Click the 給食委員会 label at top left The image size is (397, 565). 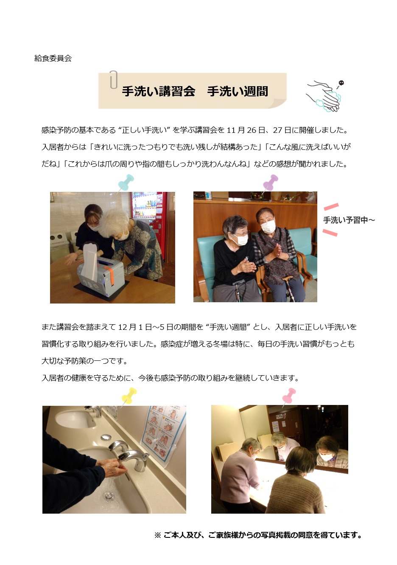pyautogui.click(x=53, y=59)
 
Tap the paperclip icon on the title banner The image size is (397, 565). pyautogui.click(x=113, y=80)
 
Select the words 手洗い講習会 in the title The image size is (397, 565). pyautogui.click(x=159, y=91)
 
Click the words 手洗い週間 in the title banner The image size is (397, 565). pyautogui.click(x=238, y=91)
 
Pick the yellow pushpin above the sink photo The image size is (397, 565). pyautogui.click(x=129, y=396)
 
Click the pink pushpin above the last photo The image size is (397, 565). pyautogui.click(x=288, y=396)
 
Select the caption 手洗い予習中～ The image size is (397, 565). pyautogui.click(x=349, y=220)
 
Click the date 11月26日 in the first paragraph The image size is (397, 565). pyautogui.click(x=246, y=130)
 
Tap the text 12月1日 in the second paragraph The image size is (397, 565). pyautogui.click(x=135, y=327)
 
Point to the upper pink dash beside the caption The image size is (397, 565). pyautogui.click(x=331, y=207)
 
